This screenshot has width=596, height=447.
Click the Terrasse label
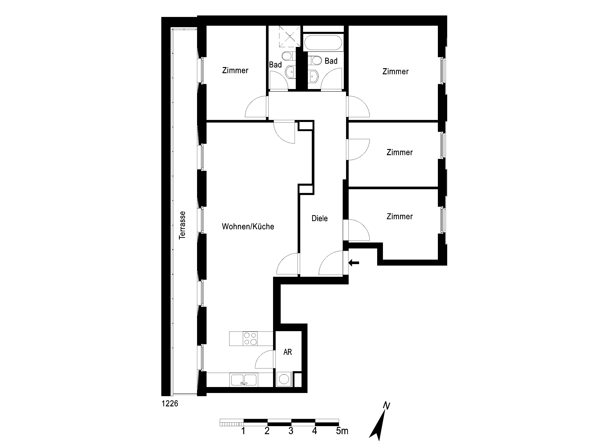[182, 225]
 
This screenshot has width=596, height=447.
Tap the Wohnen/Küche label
[248, 226]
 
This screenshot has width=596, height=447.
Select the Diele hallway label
[320, 218]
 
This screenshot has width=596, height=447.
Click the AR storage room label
[288, 352]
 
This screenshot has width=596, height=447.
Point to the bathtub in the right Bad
[323, 43]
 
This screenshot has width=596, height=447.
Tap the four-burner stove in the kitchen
[250, 339]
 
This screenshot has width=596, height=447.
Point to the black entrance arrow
[354, 262]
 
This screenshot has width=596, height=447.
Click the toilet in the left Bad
[287, 56]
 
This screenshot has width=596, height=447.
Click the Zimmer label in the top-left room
[235, 70]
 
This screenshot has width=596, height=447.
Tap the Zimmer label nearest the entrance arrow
[400, 216]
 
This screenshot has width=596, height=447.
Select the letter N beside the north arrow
[387, 406]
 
